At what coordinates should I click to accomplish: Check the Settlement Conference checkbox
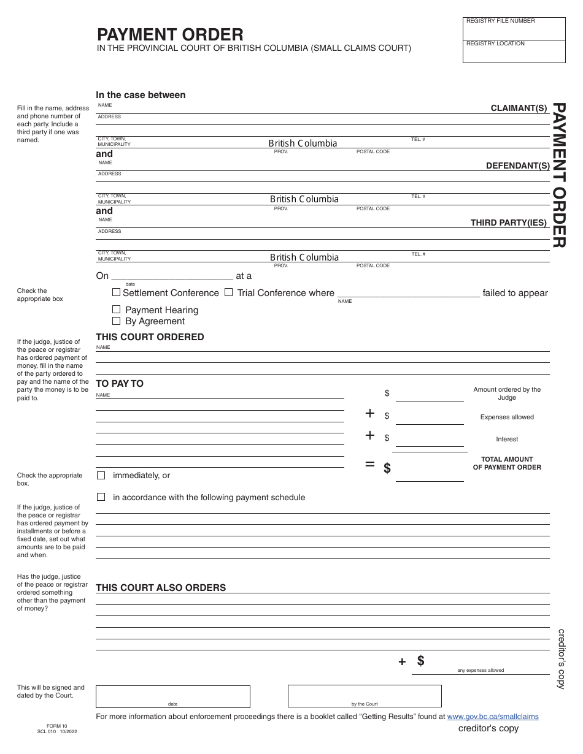117,292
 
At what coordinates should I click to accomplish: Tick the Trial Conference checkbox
228,292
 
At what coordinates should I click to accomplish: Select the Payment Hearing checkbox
117,310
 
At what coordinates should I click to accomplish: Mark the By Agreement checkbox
117,321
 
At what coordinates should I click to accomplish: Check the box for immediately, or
101,475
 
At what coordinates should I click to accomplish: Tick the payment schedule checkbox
101,497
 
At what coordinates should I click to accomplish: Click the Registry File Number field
514,30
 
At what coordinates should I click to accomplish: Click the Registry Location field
514,53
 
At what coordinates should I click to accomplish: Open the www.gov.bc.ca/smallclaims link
493,716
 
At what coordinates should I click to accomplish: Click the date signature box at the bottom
173,696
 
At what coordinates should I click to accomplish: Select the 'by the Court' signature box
365,696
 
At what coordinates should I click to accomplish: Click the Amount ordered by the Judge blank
430,394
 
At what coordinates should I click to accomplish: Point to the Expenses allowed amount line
430,417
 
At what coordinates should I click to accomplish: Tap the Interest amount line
430,439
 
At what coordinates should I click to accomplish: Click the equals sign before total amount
370,464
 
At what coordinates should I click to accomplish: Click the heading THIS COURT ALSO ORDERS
161,587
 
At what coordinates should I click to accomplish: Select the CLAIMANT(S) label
519,108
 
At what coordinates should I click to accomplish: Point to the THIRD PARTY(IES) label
508,223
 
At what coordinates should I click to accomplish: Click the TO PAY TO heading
120,383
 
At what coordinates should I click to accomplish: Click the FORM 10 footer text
52,725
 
